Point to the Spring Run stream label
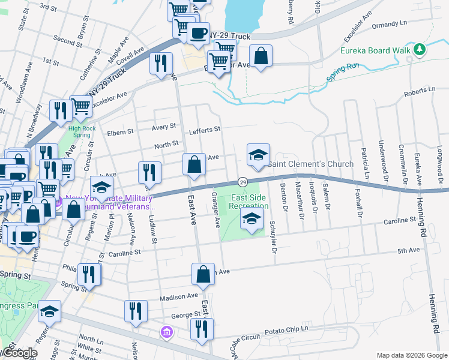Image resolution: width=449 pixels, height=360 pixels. click(x=343, y=71)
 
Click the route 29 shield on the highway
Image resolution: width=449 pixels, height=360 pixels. click(x=243, y=181)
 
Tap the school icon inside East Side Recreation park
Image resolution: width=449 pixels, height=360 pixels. click(x=252, y=218)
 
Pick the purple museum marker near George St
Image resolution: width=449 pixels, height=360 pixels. click(x=166, y=331)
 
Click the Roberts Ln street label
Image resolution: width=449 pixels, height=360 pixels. click(x=419, y=90)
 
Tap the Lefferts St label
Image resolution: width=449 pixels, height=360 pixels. click(x=205, y=129)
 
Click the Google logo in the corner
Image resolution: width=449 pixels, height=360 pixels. click(x=19, y=353)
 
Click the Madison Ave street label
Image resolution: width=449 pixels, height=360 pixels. click(x=179, y=296)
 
